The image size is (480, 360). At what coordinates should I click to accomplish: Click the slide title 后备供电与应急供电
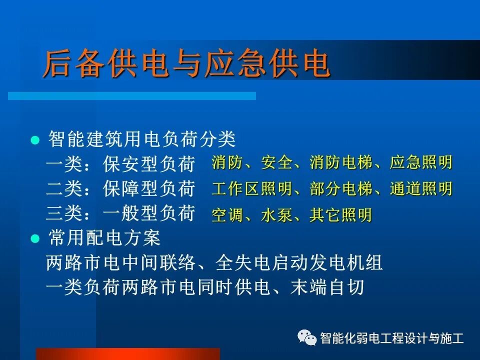click(x=186, y=64)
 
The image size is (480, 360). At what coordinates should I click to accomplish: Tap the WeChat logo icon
click(x=306, y=338)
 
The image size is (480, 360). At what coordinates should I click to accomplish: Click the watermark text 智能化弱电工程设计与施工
click(x=391, y=338)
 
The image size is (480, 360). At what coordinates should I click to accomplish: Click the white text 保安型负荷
click(x=148, y=163)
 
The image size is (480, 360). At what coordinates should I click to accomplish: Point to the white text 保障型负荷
click(x=148, y=189)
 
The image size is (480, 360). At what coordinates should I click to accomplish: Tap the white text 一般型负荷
click(x=148, y=214)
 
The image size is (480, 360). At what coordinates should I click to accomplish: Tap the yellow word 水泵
click(x=276, y=215)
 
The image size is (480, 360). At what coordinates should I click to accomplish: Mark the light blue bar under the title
click(x=132, y=96)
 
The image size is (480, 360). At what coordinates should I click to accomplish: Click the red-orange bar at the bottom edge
click(x=127, y=354)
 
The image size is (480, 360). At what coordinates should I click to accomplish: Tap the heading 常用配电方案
click(x=104, y=238)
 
